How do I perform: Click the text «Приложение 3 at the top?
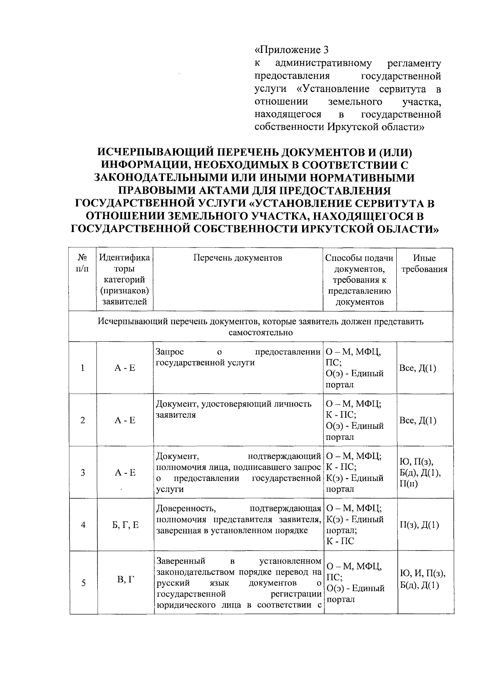point(292,50)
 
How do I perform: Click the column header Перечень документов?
point(238,258)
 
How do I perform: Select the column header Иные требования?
point(424,264)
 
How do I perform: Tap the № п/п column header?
point(82,263)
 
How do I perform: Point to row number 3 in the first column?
point(83,473)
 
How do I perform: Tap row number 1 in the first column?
point(83,368)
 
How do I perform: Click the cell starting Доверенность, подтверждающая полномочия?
point(238,519)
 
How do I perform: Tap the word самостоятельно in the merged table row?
point(261,333)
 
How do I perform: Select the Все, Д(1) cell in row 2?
point(417,420)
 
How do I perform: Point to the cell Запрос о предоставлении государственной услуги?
point(238,357)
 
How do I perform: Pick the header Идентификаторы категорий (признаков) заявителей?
point(124,280)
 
